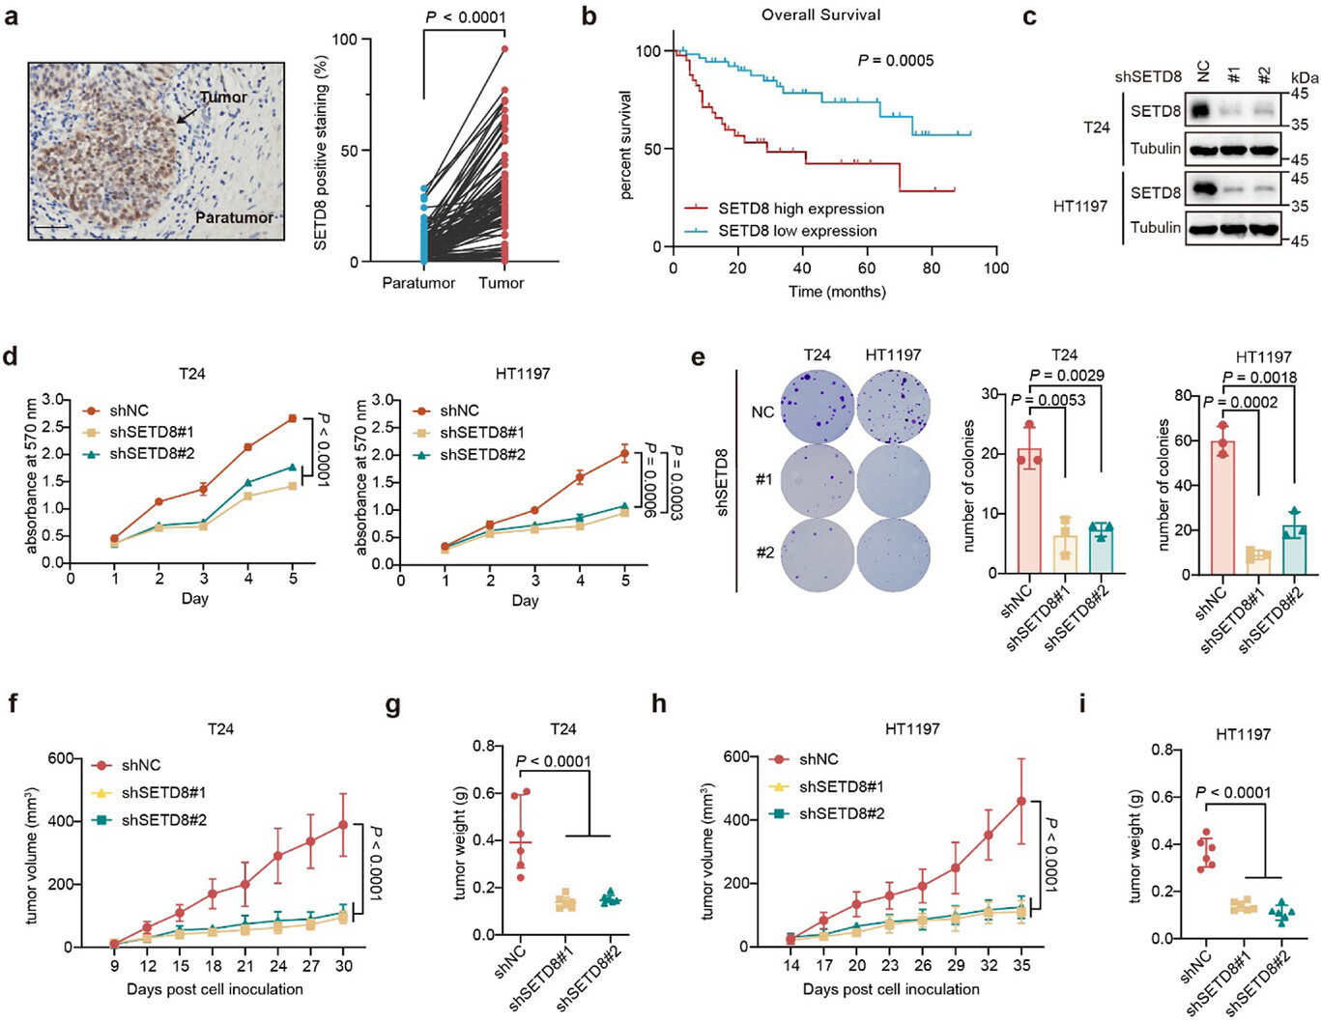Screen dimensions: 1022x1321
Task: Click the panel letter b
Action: tap(589, 17)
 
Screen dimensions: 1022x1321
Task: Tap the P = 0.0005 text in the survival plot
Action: tap(896, 61)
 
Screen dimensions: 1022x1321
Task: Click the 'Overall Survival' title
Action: tap(820, 14)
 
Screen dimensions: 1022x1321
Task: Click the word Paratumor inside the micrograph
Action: tap(234, 217)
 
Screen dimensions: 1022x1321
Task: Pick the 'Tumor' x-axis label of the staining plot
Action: tap(502, 283)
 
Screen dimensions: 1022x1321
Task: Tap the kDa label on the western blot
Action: tap(1305, 77)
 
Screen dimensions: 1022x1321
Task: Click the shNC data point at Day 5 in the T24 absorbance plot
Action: tap(292, 418)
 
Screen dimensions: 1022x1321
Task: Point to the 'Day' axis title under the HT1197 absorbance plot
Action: tap(525, 601)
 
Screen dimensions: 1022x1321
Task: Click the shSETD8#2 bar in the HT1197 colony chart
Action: tap(1294, 550)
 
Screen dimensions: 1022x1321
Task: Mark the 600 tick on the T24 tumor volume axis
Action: tap(61, 758)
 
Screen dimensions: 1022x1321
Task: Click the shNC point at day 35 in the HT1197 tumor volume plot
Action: tap(1021, 801)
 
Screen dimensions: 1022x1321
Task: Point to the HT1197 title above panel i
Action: tap(1243, 734)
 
